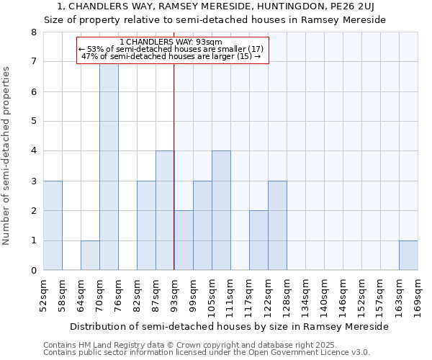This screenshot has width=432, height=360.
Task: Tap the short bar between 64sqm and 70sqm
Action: tap(90, 256)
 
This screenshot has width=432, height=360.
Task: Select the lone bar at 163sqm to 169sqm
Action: tap(408, 256)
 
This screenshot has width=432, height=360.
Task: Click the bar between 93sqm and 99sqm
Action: tap(184, 240)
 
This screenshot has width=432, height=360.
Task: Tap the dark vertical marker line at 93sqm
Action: tap(174, 180)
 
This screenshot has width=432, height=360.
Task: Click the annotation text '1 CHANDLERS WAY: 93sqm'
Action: tap(171, 42)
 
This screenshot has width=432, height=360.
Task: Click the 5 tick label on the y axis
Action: tap(33, 121)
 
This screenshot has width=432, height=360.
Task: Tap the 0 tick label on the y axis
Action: tap(33, 271)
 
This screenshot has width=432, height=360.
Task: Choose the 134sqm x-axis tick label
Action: tap(305, 294)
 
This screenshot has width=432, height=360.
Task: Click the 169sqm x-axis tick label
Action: tap(418, 294)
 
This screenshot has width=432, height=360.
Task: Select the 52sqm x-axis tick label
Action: tap(43, 294)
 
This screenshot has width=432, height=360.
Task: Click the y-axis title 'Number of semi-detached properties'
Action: tap(7, 155)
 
